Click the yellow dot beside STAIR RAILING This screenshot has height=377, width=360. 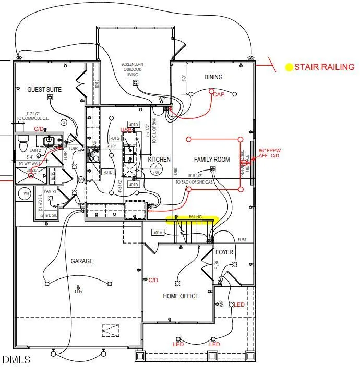pyautogui.click(x=289, y=67)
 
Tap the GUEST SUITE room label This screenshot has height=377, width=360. pyautogui.click(x=44, y=90)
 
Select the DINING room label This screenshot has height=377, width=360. pyautogui.click(x=213, y=77)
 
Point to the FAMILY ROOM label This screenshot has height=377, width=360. pyautogui.click(x=212, y=160)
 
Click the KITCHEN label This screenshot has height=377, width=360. pyautogui.click(x=159, y=159)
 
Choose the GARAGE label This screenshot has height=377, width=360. pyautogui.click(x=82, y=261)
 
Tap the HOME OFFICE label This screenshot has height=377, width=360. pyautogui.click(x=181, y=296)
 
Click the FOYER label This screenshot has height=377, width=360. pyautogui.click(x=224, y=252)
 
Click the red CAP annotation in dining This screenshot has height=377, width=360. pyautogui.click(x=219, y=94)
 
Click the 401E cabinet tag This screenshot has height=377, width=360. pyautogui.click(x=107, y=172)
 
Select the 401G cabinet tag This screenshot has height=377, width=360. pyautogui.click(x=115, y=138)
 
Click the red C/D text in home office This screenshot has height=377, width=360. pyautogui.click(x=153, y=281)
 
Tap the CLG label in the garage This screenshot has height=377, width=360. pyautogui.click(x=78, y=292)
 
